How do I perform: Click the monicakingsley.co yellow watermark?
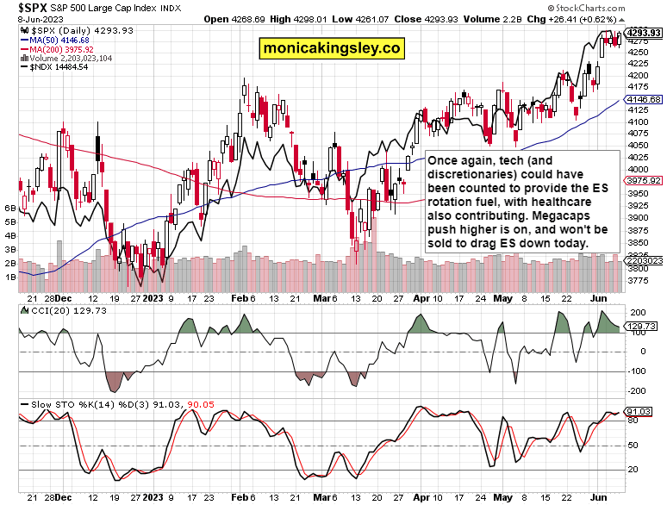click(x=333, y=49)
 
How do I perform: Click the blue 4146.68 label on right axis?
click(x=645, y=100)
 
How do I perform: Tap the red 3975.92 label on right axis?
click(x=645, y=180)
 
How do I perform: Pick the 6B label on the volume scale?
click(x=11, y=209)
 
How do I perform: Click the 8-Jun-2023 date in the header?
click(x=27, y=17)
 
